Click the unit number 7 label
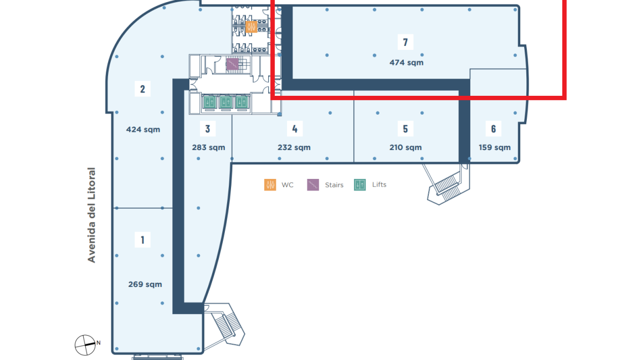coord(405,42)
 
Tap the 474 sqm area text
coord(406,63)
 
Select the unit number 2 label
coord(142,89)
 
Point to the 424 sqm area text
coord(143,130)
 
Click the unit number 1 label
coord(142,240)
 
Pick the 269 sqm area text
coord(145,285)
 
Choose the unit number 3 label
coord(208,128)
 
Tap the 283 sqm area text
coord(208,147)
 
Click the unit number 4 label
coord(295,128)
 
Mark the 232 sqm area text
coord(294,147)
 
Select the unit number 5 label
coord(405,128)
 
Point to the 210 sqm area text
coord(406,147)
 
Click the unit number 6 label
coord(494,128)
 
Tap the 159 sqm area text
coord(495,147)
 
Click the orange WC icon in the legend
coord(270,184)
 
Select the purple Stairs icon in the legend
coord(312,184)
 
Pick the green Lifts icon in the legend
coord(360,184)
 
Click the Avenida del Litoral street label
coord(91,215)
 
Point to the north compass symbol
coord(85,344)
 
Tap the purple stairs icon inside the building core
coord(232,64)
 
